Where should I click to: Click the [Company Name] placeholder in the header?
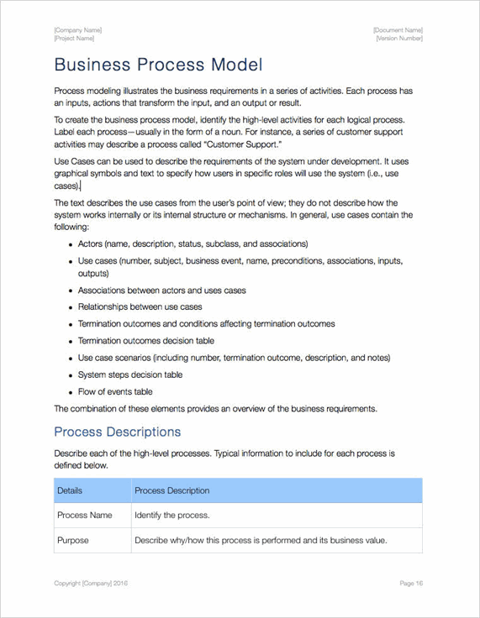point(77,30)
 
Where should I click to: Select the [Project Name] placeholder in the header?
point(74,39)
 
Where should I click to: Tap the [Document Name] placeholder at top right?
point(398,30)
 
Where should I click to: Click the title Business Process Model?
point(158,65)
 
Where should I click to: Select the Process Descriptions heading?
point(117,432)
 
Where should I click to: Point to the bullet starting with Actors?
point(193,244)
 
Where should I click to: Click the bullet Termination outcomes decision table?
point(145,341)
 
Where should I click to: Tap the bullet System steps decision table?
point(129,374)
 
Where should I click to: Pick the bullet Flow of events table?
point(115,391)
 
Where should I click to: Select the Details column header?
point(70,490)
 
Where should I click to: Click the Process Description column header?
point(171,490)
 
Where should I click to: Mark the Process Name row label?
point(84,515)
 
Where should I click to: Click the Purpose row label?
point(72,540)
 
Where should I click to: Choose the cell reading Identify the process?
point(171,515)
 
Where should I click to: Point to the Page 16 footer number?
point(411,583)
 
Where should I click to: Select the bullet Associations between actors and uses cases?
point(161,291)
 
